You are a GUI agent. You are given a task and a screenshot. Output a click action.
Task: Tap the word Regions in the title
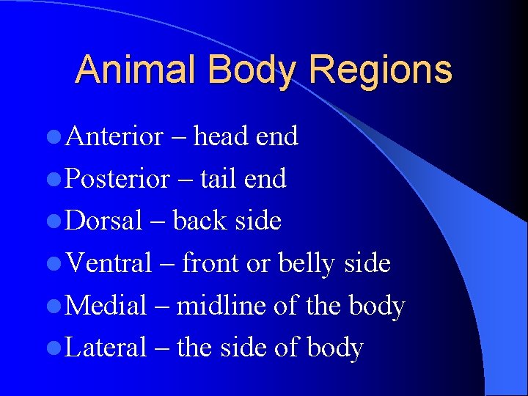pyautogui.click(x=381, y=70)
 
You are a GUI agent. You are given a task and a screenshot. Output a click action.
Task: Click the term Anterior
pyautogui.click(x=114, y=136)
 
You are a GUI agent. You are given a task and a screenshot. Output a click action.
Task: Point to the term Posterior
pyautogui.click(x=117, y=179)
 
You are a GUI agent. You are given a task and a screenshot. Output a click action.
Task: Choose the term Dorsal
pyautogui.click(x=103, y=221)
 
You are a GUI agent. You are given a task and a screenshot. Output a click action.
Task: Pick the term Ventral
pyautogui.click(x=109, y=263)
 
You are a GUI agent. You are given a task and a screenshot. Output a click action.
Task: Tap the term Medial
pyautogui.click(x=106, y=306)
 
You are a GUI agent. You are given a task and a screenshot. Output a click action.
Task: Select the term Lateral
pyautogui.click(x=106, y=348)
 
